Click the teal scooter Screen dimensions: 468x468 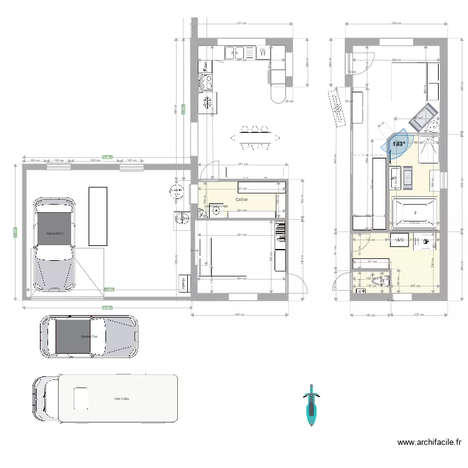310,405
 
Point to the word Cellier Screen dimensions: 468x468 241,199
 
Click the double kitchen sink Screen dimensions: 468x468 237,52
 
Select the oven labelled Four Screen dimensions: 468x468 205,66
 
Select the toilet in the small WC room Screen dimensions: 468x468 375,282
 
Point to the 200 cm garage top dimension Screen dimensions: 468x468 95,161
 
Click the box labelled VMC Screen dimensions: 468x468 399,238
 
